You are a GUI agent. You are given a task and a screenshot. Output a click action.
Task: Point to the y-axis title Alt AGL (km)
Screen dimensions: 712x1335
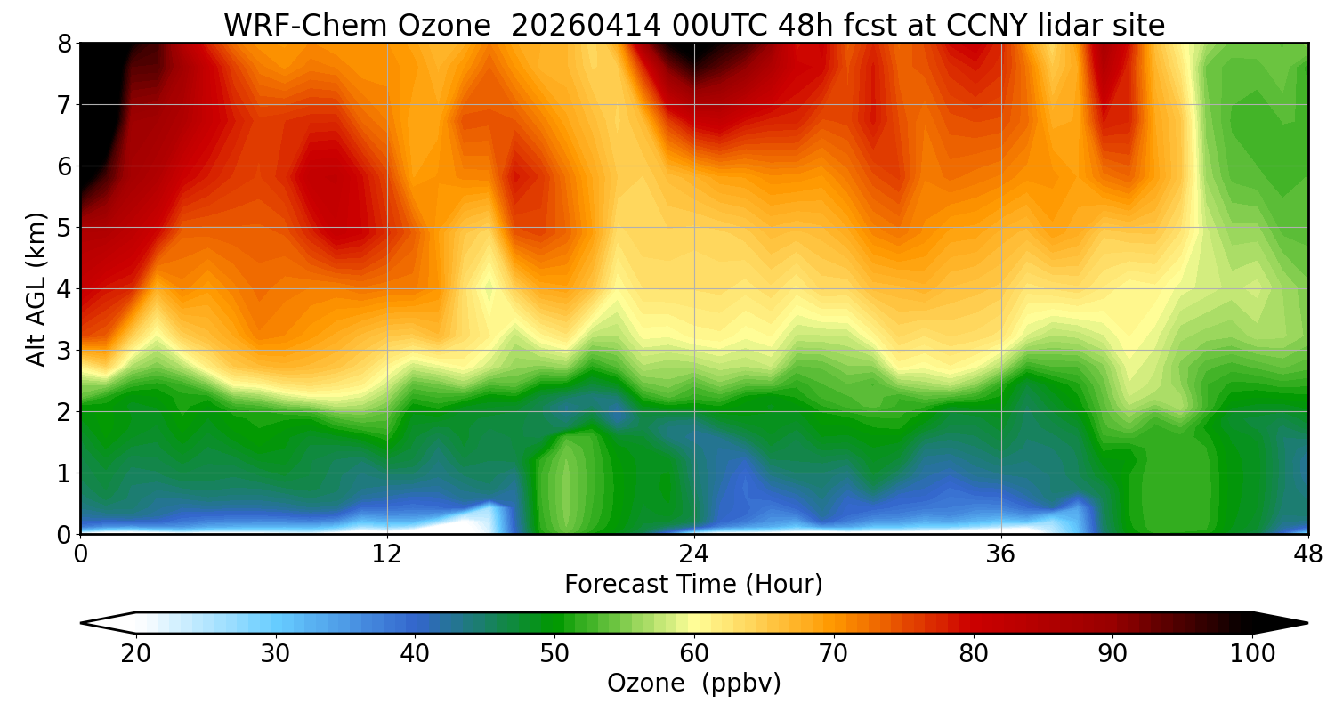click(x=36, y=288)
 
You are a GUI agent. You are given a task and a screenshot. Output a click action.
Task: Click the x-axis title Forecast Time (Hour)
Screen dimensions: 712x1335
click(x=693, y=585)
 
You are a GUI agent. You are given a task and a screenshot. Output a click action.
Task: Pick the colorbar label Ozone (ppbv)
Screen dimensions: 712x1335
click(x=693, y=684)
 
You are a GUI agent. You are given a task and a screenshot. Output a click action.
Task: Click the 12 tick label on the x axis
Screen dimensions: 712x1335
click(x=387, y=553)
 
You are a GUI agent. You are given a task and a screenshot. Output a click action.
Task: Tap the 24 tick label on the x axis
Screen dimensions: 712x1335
click(x=693, y=553)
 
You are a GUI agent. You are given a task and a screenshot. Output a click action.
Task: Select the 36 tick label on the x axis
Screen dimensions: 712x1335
click(x=1001, y=553)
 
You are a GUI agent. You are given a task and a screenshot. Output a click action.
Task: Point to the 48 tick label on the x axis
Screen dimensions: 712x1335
click(x=1307, y=553)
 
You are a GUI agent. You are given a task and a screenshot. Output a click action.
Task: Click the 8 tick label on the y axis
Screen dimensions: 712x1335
click(x=63, y=43)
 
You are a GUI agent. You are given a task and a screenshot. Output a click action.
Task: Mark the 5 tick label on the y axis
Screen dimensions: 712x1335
click(x=63, y=227)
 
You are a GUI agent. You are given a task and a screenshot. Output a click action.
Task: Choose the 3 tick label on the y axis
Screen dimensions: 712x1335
click(x=63, y=350)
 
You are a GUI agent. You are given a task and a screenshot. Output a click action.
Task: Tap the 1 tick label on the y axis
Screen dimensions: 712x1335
click(x=63, y=473)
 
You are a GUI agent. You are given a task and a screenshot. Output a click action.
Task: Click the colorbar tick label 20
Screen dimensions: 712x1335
click(x=136, y=654)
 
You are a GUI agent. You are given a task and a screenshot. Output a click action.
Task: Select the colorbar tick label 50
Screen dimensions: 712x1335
click(x=554, y=654)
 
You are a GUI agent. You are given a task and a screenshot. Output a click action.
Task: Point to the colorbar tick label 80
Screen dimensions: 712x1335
click(x=973, y=654)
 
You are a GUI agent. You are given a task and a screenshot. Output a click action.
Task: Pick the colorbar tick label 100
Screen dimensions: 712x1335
click(x=1251, y=654)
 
